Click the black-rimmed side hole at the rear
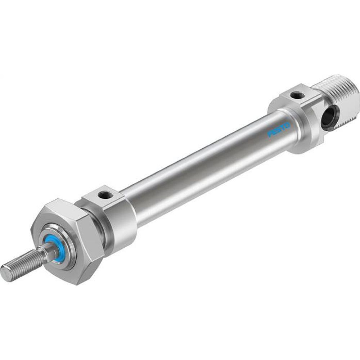[328, 118]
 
